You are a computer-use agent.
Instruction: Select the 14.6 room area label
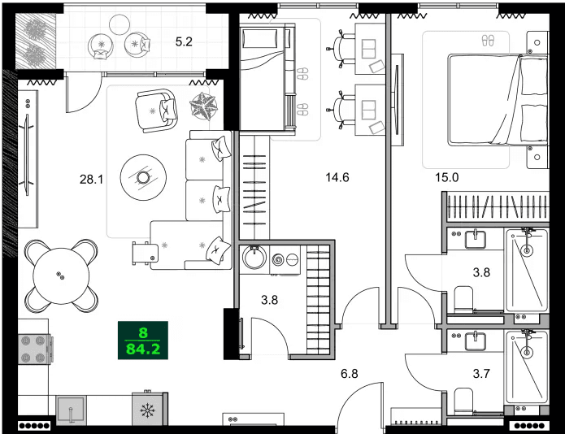(x=337, y=177)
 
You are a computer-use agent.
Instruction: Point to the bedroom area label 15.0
(x=446, y=177)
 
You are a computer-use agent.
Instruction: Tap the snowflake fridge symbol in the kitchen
(x=149, y=410)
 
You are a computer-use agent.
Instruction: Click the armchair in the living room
(x=155, y=110)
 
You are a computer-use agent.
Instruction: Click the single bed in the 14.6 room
(x=266, y=78)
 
